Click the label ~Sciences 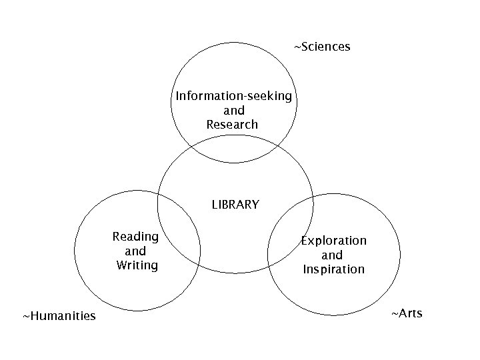[x=323, y=47]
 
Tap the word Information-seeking [x=234, y=96]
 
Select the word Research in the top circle [x=232, y=125]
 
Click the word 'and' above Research [x=234, y=111]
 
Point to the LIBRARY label [x=235, y=205]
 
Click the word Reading [x=136, y=237]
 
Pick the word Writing [x=137, y=265]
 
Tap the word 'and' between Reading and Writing [x=135, y=251]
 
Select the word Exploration [x=333, y=240]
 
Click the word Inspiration [x=333, y=269]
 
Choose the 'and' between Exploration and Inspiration [x=332, y=255]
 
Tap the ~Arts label [x=406, y=313]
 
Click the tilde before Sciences [x=297, y=47]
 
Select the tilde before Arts [x=393, y=313]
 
